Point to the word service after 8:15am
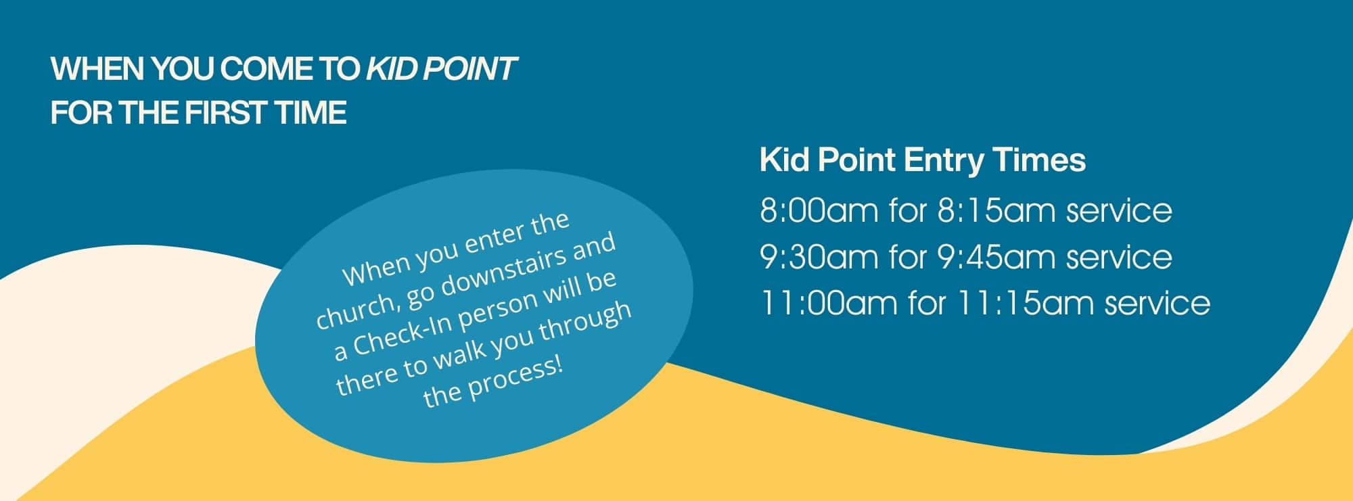[1120, 212]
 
